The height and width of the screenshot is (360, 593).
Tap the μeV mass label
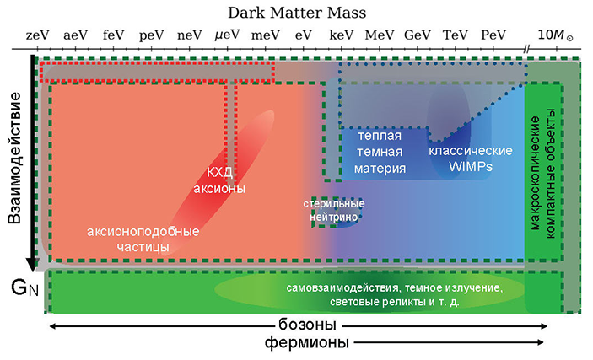tap(227, 35)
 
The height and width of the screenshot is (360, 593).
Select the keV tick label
tap(341, 35)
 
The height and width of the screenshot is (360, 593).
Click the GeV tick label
tap(418, 35)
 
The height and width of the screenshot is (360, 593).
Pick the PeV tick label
tap(493, 35)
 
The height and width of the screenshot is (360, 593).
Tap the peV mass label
tap(151, 35)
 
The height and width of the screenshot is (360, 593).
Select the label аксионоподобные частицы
tap(143, 239)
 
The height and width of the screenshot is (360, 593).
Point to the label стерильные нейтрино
tap(335, 210)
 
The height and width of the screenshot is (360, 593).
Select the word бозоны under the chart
tap(308, 326)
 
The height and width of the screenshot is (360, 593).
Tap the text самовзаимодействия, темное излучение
tap(395, 288)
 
